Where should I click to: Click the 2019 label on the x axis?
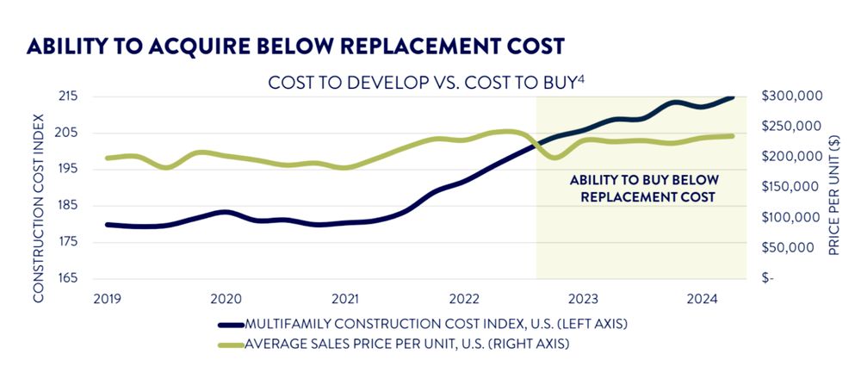click(x=106, y=299)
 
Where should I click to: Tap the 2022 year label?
click(x=464, y=299)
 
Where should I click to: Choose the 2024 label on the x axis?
click(x=703, y=299)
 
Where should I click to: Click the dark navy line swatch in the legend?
click(x=230, y=326)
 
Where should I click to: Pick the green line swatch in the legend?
click(x=230, y=345)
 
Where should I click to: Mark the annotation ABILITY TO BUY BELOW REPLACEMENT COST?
click(x=642, y=189)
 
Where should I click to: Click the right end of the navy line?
click(x=734, y=97)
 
